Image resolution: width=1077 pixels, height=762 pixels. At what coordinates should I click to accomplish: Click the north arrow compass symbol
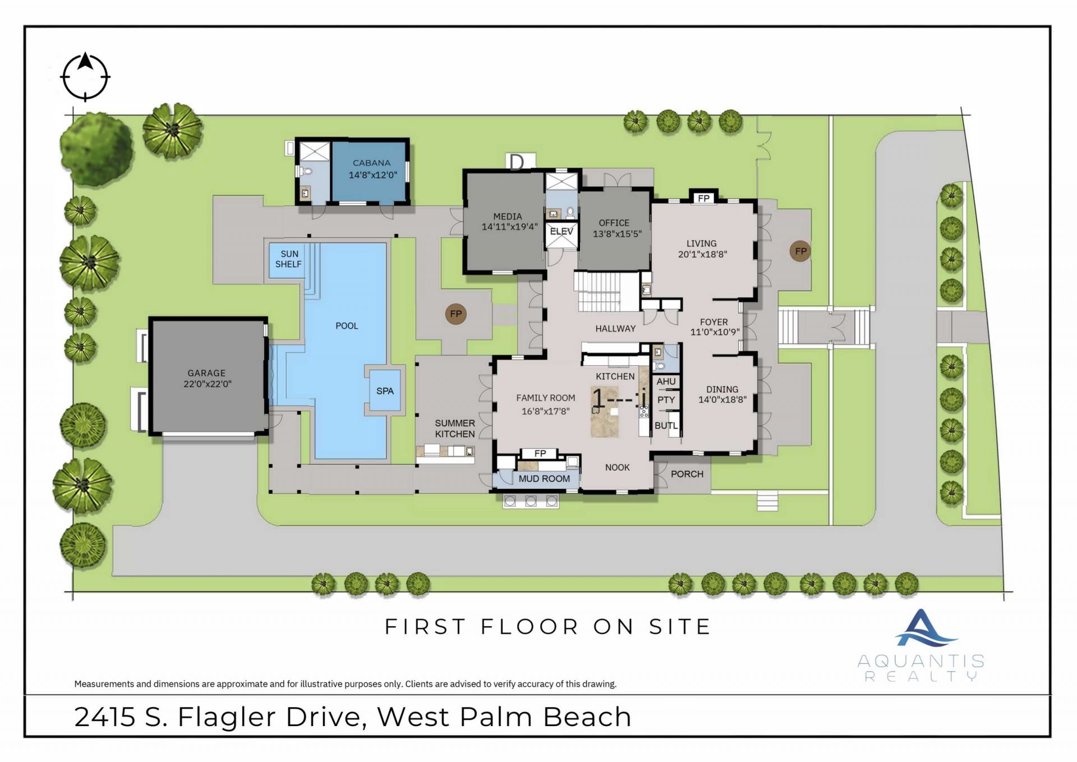coord(85,77)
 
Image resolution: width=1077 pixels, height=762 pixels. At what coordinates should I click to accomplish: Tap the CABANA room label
coord(371,163)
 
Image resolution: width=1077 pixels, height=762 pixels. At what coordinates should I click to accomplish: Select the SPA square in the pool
coord(385,391)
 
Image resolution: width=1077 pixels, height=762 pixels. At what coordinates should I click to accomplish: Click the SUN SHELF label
coord(289,259)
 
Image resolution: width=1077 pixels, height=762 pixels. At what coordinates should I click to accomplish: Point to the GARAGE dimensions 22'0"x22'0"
coord(208,384)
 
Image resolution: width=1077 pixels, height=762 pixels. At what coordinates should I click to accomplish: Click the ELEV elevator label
coord(561,231)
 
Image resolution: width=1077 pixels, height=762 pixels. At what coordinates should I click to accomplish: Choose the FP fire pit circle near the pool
coord(455,314)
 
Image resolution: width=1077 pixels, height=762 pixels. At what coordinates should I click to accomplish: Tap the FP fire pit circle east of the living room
coord(800,251)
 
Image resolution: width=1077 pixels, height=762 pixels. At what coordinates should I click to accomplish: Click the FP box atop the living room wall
coord(703,198)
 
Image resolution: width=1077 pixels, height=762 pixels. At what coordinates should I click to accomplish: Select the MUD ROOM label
coord(544,479)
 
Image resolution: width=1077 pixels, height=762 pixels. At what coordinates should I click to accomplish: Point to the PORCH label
coord(687,474)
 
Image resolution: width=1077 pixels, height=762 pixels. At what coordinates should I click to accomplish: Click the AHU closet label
coord(666,382)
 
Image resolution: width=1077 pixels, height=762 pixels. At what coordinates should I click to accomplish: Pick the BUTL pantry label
coord(666,426)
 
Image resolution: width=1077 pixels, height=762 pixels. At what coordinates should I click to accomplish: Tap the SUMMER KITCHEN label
coord(455,429)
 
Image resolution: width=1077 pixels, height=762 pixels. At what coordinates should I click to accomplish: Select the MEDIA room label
coord(508,216)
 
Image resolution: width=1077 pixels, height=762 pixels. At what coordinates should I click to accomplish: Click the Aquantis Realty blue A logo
coord(922,628)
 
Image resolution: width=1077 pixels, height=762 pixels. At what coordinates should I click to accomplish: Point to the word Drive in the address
coord(325,717)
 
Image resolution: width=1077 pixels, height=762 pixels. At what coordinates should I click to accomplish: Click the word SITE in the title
coord(680,627)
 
